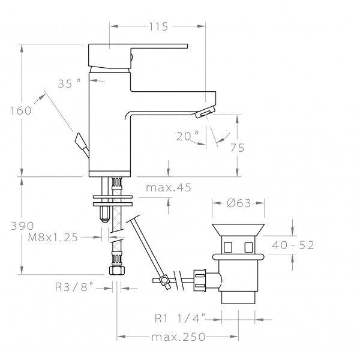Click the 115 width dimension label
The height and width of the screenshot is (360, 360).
pos(158,26)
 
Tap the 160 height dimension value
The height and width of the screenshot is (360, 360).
pos(21,110)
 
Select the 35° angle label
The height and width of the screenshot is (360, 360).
pos(70,83)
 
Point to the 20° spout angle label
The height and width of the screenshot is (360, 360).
pos(188,136)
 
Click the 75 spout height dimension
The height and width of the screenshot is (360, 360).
pos(238,148)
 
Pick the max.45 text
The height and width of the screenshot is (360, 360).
pos(169,188)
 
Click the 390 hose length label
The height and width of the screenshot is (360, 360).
pos(22,226)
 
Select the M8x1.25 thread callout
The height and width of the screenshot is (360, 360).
pos(53,238)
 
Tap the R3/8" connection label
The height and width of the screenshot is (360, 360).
pos(74,287)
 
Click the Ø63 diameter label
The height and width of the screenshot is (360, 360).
pos(239,203)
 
